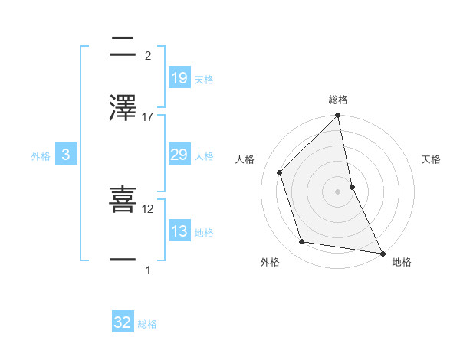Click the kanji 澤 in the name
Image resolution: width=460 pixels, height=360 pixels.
(123, 109)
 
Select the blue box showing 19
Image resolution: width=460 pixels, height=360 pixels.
(179, 78)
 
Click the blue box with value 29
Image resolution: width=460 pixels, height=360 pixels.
(179, 155)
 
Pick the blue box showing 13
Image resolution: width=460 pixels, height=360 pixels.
(179, 232)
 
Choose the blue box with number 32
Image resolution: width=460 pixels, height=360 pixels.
(123, 322)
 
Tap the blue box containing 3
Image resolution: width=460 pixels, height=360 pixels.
(66, 155)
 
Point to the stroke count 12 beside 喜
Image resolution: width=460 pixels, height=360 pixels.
(148, 208)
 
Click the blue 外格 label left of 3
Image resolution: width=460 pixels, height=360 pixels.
(41, 156)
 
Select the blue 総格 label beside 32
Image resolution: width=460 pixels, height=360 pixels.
(147, 323)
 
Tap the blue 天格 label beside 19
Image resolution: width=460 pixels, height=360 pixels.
(204, 79)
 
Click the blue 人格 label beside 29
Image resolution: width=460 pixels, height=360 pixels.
(204, 156)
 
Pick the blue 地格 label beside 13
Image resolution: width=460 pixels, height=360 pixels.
(204, 233)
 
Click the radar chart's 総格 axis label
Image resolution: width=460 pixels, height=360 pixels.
(338, 100)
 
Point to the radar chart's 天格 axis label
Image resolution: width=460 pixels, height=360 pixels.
(431, 159)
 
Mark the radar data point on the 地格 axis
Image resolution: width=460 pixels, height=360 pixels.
(382, 253)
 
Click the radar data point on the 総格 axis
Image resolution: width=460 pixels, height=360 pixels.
(338, 116)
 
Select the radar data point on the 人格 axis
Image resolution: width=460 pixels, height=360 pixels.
(280, 172)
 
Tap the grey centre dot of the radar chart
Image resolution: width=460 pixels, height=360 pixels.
(338, 191)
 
